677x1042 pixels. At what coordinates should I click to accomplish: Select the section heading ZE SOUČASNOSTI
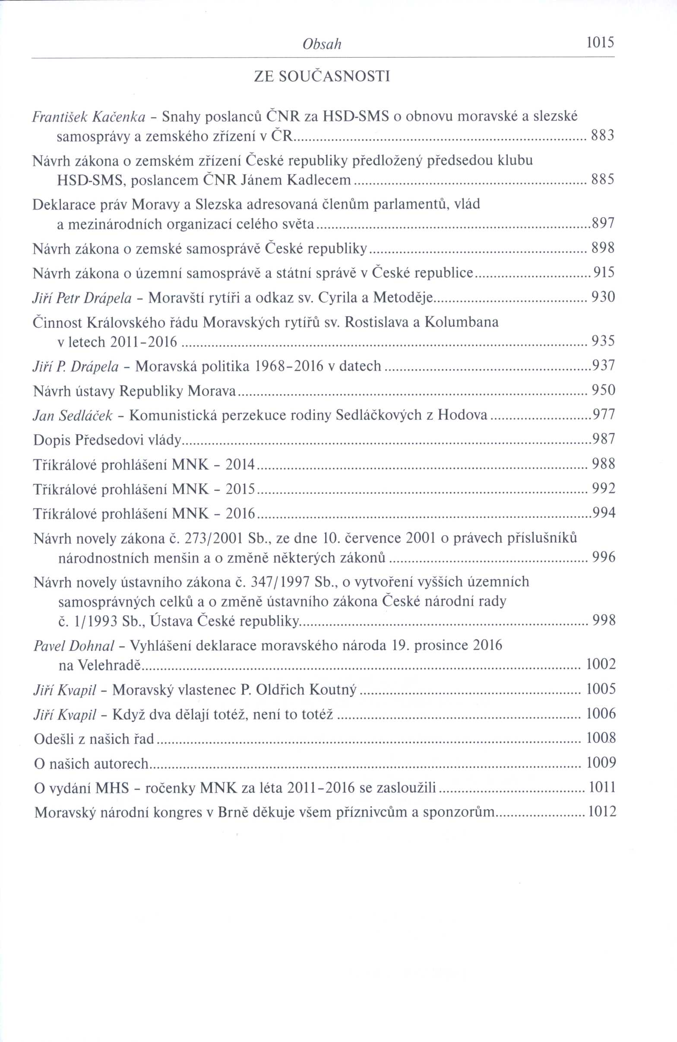coord(322,77)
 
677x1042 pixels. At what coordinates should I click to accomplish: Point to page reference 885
coord(603,180)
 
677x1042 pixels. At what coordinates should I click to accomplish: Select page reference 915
coord(604,273)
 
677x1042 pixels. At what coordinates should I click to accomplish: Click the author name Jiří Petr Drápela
coord(82,298)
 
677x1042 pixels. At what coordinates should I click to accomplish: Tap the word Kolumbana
coord(461,322)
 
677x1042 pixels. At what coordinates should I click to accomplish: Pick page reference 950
coord(604,390)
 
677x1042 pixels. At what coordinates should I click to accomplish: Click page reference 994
coord(604,513)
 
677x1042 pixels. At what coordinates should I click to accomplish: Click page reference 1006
coord(601,714)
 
